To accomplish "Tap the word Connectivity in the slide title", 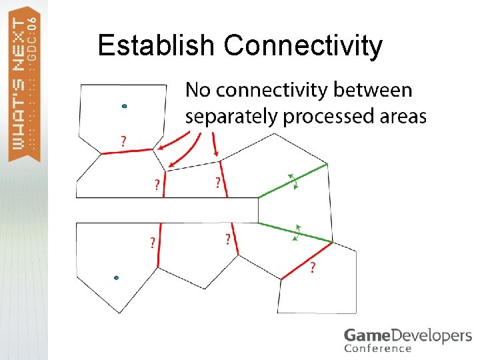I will point(303,47).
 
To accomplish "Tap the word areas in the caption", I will point(403,117).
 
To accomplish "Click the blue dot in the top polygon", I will point(124,105).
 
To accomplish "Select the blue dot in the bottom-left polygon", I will point(116,277).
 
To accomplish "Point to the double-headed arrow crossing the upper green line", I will point(292,180).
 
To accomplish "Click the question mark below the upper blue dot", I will point(123,141).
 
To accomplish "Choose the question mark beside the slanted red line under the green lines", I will point(313,267).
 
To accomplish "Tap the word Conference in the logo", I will point(378,349).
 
